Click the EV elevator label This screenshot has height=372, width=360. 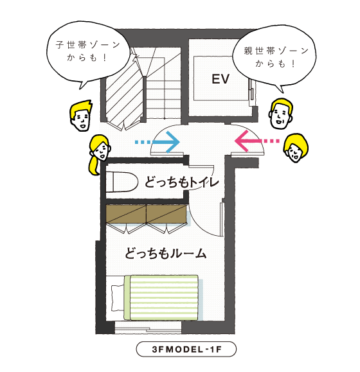221,79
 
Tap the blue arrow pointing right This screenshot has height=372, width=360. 157,142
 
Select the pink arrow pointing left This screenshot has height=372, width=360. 256,141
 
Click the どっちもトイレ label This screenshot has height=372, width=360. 181,182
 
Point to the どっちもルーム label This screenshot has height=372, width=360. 165,253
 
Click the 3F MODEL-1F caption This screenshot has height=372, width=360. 186,350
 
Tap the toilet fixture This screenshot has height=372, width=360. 122,182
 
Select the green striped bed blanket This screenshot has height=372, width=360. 161,297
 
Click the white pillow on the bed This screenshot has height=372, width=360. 118,297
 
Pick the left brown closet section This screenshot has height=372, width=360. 126,214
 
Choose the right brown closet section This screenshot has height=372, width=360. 166,214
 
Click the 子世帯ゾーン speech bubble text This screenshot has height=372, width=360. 88,51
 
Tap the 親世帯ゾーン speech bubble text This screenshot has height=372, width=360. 276,57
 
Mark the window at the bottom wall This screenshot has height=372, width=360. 148,328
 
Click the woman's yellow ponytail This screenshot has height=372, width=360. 94,165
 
